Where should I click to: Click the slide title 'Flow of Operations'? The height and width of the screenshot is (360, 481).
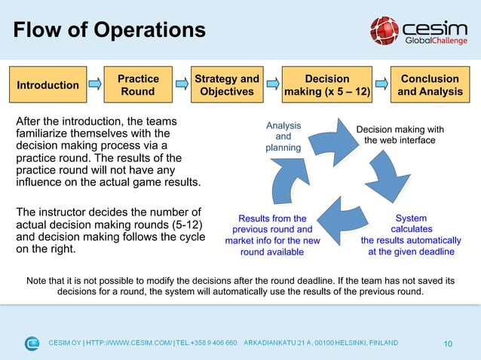pos(109,30)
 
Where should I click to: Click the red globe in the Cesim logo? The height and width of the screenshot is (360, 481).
pos(384,31)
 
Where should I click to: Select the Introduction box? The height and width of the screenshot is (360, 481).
pos(48,85)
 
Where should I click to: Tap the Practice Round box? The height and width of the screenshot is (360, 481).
pos(138,85)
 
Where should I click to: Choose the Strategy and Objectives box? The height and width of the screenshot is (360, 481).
pos(227,85)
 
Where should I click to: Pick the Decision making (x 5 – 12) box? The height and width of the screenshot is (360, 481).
pos(326,85)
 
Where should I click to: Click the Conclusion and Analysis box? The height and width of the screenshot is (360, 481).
pos(430,85)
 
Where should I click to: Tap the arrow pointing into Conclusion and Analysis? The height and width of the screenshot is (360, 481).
pos(382,85)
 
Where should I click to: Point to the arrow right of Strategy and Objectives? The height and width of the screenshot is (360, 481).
pos(271,85)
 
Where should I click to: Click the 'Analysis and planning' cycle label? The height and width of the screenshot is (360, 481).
pos(283,136)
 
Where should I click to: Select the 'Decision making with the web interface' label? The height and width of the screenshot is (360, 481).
pos(400,135)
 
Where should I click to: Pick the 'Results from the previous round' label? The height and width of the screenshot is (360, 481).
pos(272,235)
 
